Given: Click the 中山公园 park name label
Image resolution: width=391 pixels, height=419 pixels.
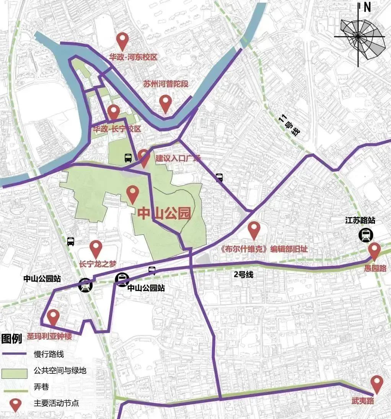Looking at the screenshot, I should click(x=164, y=213).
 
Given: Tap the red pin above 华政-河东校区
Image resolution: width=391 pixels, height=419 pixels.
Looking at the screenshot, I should click(x=122, y=41).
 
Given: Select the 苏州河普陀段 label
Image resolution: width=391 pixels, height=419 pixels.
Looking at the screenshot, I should click(x=166, y=84).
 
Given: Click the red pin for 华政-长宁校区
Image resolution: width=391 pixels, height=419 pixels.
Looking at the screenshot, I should click(x=113, y=112).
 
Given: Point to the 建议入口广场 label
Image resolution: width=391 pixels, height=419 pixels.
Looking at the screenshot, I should click(x=178, y=158).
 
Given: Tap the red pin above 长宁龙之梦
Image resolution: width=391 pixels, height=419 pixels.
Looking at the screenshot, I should click(x=96, y=248).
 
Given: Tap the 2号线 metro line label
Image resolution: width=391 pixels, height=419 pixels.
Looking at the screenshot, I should click(x=244, y=275).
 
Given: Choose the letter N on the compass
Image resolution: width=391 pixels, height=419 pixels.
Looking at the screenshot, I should click(x=367, y=7).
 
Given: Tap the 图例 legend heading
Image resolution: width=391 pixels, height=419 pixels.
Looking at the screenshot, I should click(x=11, y=339).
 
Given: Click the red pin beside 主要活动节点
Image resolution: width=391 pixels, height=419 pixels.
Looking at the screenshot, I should click(x=15, y=404).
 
